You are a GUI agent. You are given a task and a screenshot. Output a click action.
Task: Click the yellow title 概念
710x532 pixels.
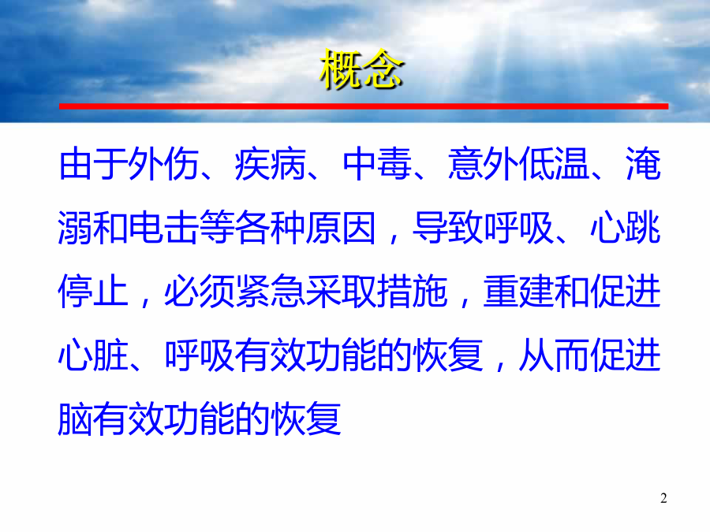361,69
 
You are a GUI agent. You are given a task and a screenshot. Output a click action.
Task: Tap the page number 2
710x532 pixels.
663,498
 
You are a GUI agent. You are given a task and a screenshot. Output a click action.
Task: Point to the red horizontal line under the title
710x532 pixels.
364,106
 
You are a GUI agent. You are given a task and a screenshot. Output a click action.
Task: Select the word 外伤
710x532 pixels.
163,164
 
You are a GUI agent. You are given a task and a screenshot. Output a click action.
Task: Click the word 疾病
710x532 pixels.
271,164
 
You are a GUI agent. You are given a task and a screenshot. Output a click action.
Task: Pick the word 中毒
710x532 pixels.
377,164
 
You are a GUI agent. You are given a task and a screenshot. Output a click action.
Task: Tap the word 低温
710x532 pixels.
554,164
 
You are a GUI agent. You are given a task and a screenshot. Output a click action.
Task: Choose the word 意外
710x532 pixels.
483,164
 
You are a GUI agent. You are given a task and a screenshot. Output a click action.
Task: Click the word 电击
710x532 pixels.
163,228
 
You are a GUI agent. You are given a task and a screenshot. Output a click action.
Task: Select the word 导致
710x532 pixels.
448,228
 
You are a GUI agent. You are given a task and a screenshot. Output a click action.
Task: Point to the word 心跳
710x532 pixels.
626,228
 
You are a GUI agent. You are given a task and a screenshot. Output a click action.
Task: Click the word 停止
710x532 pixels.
93,292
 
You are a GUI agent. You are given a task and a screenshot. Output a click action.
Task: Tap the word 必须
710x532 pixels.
200,292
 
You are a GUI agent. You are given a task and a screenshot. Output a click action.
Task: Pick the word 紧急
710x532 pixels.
271,292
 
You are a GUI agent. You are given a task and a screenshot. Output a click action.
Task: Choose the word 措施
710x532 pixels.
412,292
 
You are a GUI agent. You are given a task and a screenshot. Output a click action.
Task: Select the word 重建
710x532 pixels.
518,292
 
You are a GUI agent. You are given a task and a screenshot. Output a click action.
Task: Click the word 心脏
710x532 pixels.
93,355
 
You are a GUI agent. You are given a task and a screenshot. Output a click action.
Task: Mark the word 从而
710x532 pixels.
554,355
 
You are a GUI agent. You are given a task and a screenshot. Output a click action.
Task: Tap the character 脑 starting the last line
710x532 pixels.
76,419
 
